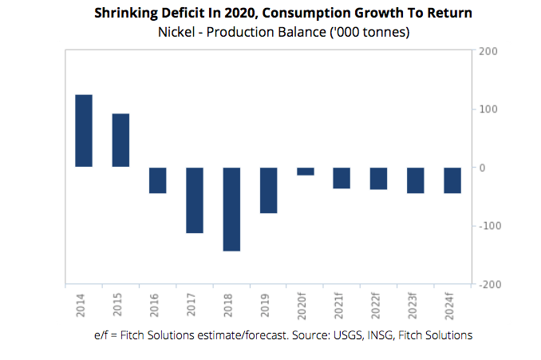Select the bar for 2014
coord(84,131)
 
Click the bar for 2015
coord(120,140)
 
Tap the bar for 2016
coord(157,180)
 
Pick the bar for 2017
coord(195,200)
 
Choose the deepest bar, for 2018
coord(231,209)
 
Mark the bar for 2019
coord(268,190)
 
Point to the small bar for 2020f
coord(305,172)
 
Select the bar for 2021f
coord(342,178)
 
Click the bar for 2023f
coord(416,180)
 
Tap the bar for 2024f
coord(452,180)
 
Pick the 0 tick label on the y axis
coord(483,168)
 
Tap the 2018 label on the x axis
coord(231,304)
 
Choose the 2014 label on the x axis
coord(84,304)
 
